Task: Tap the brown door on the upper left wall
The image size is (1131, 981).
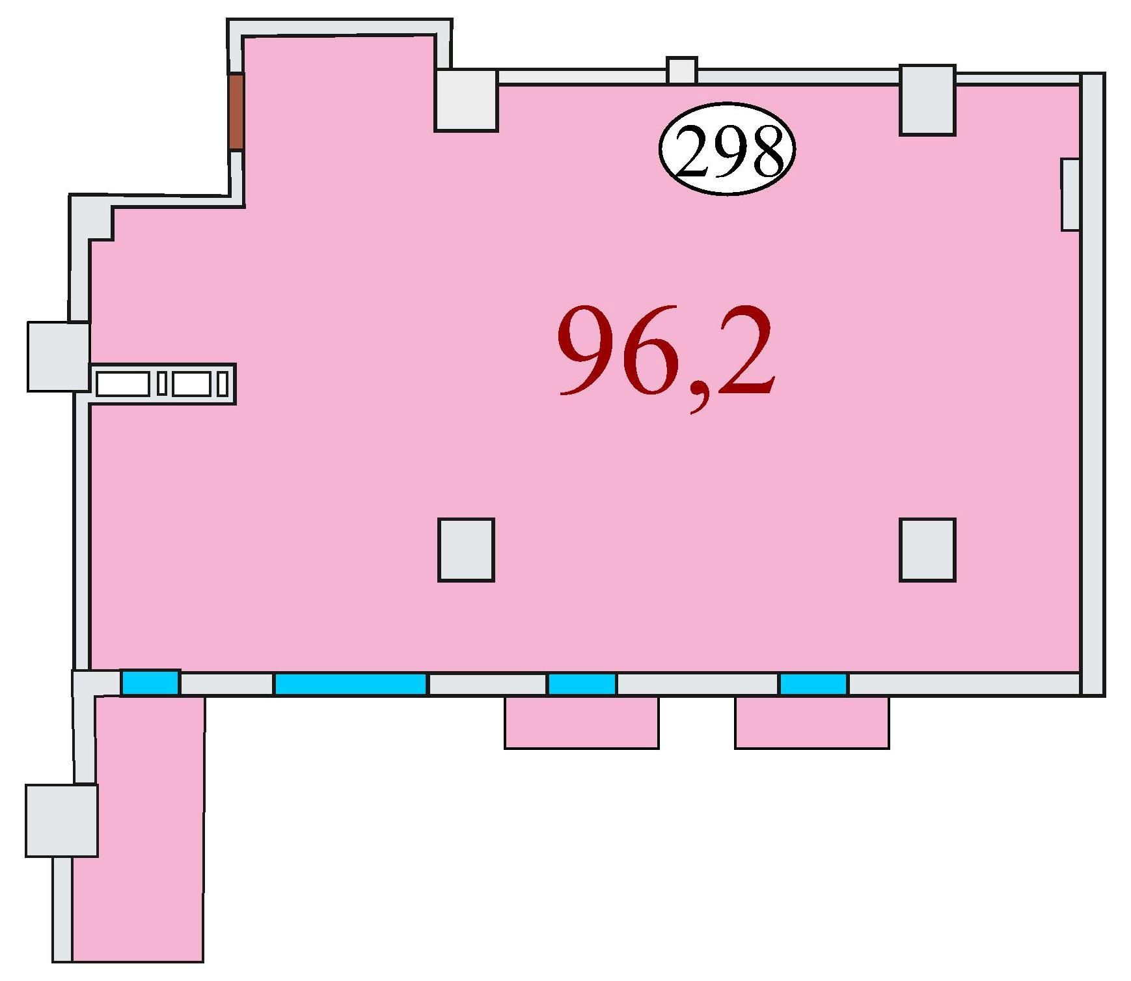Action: pos(236,111)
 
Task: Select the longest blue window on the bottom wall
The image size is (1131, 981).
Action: pos(351,684)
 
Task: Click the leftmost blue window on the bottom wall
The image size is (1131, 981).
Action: pos(150,683)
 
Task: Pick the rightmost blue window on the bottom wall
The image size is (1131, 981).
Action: pos(813,684)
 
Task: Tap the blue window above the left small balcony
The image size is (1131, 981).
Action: pos(582,684)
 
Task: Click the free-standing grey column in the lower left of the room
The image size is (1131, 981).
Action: pos(466,549)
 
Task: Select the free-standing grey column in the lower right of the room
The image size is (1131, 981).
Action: pos(927,549)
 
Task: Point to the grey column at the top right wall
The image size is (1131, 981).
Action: pos(927,100)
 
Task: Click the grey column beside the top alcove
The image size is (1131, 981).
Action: pos(466,100)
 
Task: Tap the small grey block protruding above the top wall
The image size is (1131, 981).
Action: pos(682,70)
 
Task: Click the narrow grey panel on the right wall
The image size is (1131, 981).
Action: pos(1070,194)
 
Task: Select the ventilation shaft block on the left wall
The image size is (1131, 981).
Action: pos(162,383)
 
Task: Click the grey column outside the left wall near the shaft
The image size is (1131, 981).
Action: pos(59,357)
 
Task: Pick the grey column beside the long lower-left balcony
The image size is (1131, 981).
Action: pos(62,820)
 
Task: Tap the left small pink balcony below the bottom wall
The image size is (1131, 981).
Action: pos(582,722)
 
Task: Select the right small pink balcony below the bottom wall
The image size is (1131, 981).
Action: pos(812,722)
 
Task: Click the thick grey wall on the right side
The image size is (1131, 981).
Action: pos(1093,385)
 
